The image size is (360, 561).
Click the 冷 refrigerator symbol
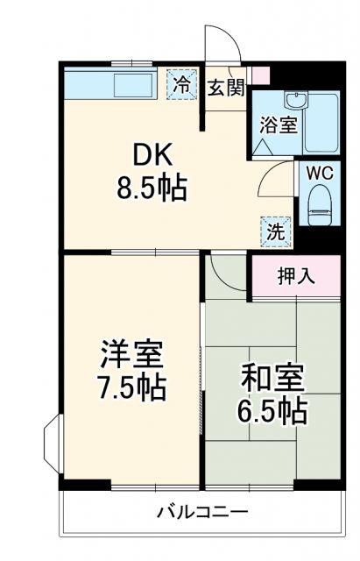[182, 85]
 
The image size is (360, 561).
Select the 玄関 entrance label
[226, 88]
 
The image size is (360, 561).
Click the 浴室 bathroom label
[278, 124]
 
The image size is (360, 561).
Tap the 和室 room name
[272, 379]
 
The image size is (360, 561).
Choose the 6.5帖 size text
[272, 409]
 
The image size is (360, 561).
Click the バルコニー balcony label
[202, 511]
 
